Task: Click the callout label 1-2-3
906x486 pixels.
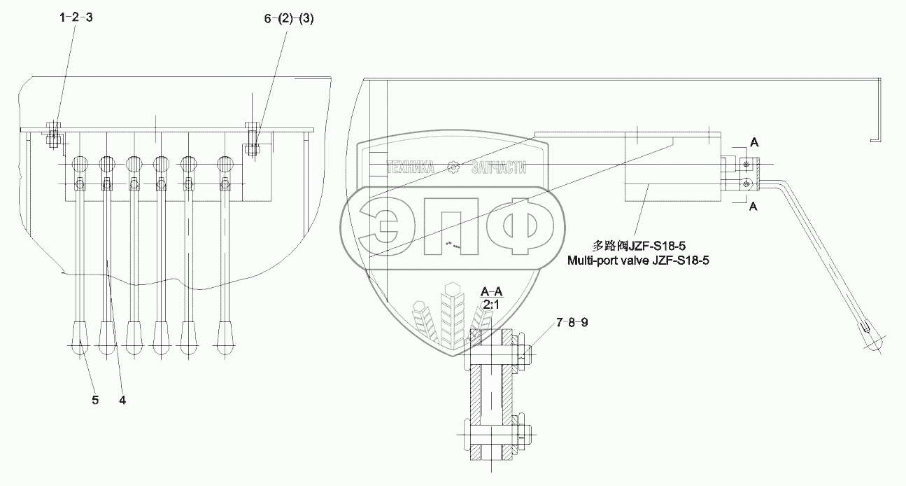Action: pyautogui.click(x=76, y=20)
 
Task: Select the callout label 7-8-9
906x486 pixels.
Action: pyautogui.click(x=572, y=323)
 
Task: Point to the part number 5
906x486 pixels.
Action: pyautogui.click(x=95, y=401)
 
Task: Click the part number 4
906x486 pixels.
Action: pyautogui.click(x=122, y=401)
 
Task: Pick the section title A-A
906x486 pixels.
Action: pyautogui.click(x=492, y=291)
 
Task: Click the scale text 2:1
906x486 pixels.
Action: pyautogui.click(x=492, y=305)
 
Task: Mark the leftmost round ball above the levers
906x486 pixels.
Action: pyautogui.click(x=80, y=165)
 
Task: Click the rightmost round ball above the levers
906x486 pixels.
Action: pyautogui.click(x=225, y=165)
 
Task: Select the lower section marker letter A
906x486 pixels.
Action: pyautogui.click(x=753, y=207)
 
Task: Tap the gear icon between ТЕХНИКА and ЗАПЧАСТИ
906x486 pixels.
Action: pyautogui.click(x=453, y=167)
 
